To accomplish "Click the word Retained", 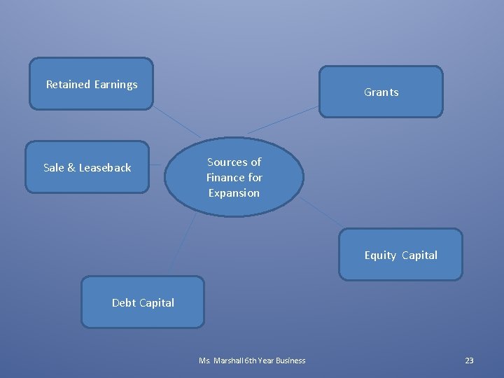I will point(68,85).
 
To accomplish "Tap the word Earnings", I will point(115,85).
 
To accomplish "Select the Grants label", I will point(381,92).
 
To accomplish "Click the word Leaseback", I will point(105,168).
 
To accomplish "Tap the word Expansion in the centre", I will point(234,192).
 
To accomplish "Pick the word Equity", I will point(380,255).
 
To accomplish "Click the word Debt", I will point(124,303).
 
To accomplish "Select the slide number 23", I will point(469,360).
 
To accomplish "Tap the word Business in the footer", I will point(290,360).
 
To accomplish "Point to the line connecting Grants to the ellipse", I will point(283,120).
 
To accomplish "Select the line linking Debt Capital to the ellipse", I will point(182,245).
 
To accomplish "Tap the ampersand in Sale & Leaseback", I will point(71,168).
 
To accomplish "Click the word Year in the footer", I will point(266,360).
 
